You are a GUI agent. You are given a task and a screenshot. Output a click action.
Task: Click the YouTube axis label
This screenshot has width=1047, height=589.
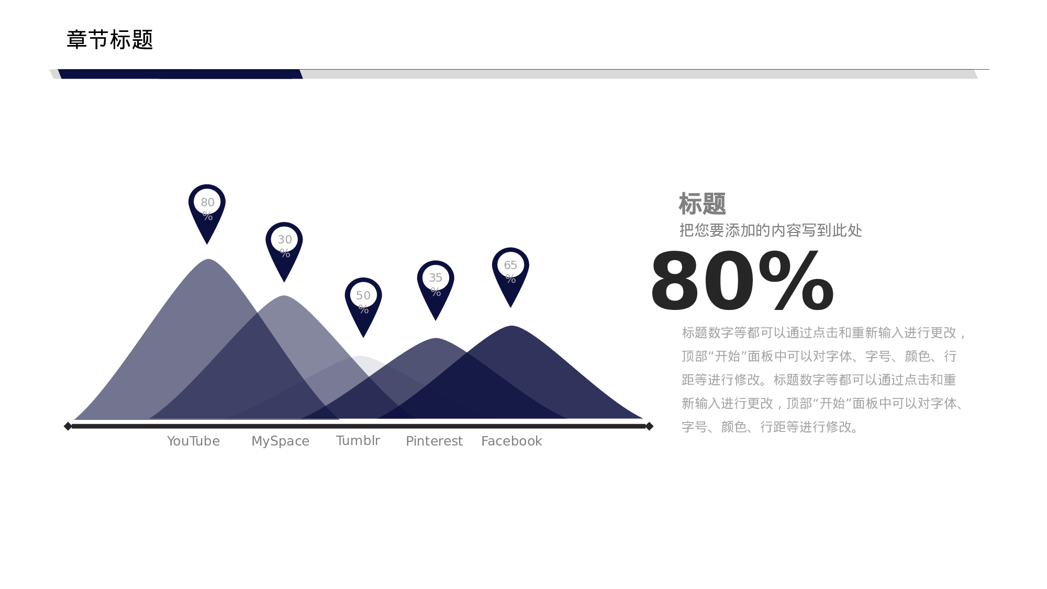(x=193, y=441)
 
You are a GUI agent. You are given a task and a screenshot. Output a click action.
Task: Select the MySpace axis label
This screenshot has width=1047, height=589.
(x=280, y=441)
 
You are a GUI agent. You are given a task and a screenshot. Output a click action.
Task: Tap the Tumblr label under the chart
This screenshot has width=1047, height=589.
(x=358, y=440)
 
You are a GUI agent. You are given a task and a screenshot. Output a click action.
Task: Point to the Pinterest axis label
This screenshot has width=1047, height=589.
(x=434, y=441)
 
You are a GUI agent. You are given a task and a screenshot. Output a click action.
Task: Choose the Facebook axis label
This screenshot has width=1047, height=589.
(x=511, y=441)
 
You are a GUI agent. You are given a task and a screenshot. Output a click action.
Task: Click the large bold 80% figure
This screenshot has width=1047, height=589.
(x=742, y=282)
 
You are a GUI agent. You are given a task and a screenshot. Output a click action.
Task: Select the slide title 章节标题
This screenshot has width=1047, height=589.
(x=109, y=39)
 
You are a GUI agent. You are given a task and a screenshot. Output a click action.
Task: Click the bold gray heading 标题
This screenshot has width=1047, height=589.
(x=702, y=204)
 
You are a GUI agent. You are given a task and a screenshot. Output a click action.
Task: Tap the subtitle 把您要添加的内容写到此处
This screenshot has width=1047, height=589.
(x=771, y=230)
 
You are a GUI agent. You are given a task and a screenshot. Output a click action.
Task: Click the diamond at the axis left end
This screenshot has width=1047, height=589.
(x=68, y=426)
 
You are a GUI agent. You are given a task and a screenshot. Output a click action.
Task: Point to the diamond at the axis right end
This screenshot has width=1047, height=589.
(x=649, y=426)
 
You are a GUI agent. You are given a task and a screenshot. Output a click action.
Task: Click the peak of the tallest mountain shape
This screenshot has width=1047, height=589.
(x=208, y=260)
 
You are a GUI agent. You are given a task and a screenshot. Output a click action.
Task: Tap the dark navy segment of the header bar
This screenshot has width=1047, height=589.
(x=180, y=74)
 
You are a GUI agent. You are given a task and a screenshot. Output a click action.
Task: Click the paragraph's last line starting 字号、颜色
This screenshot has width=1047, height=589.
(x=771, y=427)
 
